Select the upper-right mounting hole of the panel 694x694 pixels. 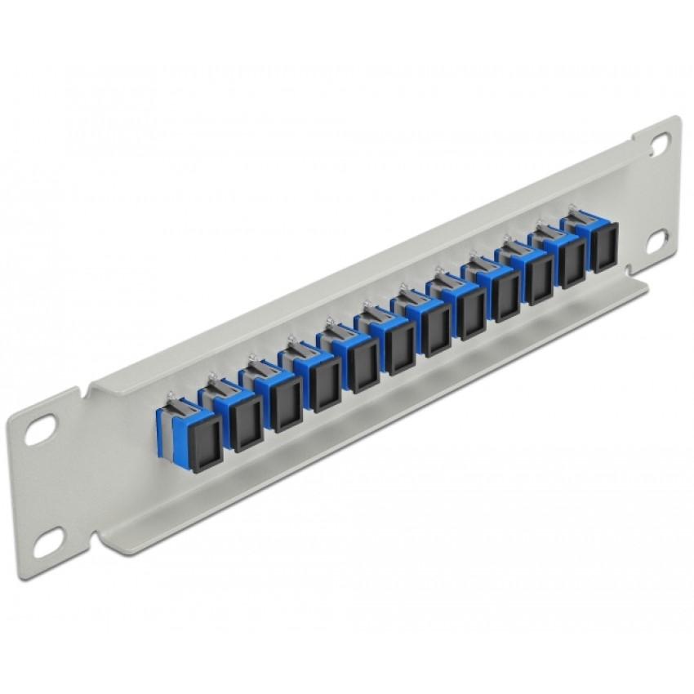pos(659,144)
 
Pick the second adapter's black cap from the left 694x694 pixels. pos(245,425)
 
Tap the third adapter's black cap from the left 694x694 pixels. pos(286,406)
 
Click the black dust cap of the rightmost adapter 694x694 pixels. pos(604,247)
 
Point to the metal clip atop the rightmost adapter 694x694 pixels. pos(573,216)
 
